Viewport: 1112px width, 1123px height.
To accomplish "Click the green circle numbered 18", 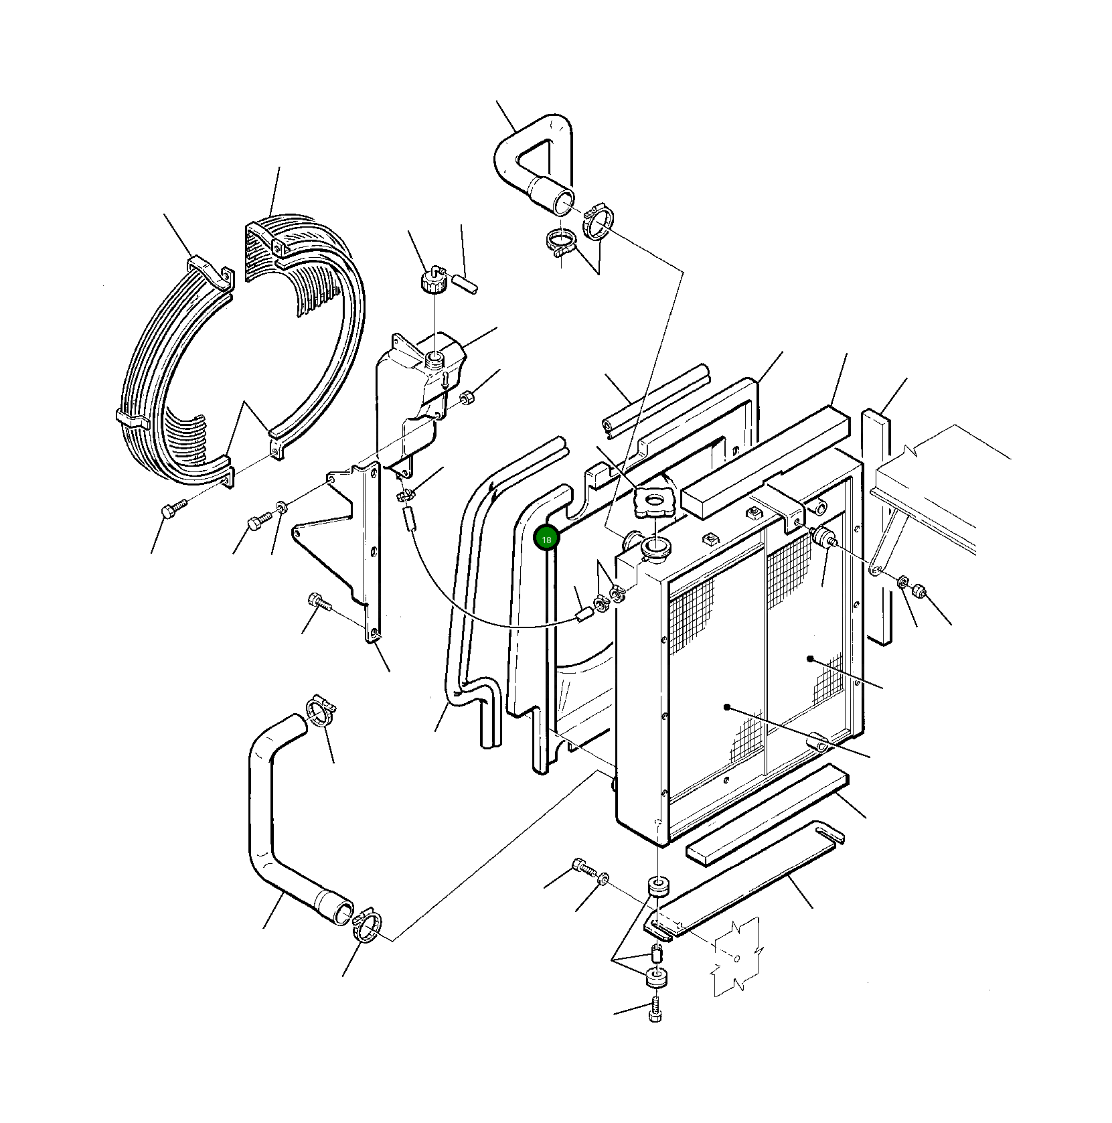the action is pos(546,539).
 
